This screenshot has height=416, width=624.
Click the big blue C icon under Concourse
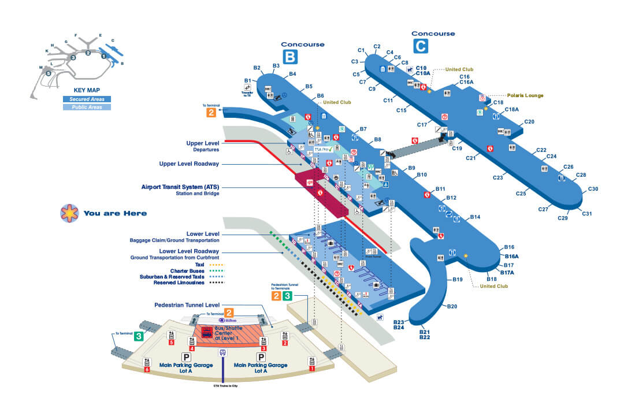(x=420, y=45)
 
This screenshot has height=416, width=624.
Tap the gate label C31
(x=587, y=214)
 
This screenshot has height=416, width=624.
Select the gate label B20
(x=452, y=306)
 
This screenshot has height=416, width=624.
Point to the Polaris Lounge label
(x=525, y=95)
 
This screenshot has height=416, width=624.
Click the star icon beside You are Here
(x=69, y=213)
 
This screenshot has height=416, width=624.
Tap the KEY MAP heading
(x=87, y=91)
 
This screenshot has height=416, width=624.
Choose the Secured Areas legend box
(x=87, y=99)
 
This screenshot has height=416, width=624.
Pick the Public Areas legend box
(x=87, y=107)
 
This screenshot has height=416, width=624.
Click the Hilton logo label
(x=227, y=320)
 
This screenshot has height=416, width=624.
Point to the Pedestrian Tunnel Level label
(x=187, y=304)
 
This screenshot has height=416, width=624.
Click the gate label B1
(x=247, y=80)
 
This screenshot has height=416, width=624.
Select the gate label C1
(x=362, y=50)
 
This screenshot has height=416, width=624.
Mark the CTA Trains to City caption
(x=222, y=385)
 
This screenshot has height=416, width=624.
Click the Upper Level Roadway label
(x=189, y=164)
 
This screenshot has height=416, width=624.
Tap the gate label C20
(x=529, y=121)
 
